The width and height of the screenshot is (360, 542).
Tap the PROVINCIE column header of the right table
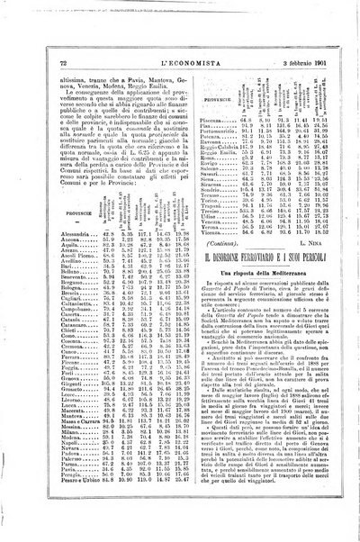tap(208, 92)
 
